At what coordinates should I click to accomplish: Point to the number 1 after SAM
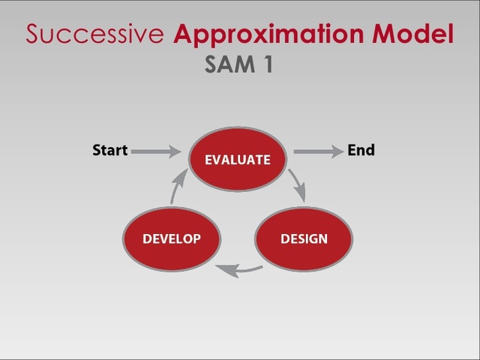point(265,65)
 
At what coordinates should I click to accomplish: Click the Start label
point(109,150)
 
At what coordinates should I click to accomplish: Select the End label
point(361,150)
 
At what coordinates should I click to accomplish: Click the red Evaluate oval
point(237,159)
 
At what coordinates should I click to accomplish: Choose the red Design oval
point(304,238)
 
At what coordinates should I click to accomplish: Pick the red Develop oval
point(171,238)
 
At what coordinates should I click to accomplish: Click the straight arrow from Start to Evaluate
point(156,151)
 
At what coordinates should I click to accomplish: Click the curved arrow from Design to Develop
point(238,269)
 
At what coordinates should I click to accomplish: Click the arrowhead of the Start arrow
point(175,151)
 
